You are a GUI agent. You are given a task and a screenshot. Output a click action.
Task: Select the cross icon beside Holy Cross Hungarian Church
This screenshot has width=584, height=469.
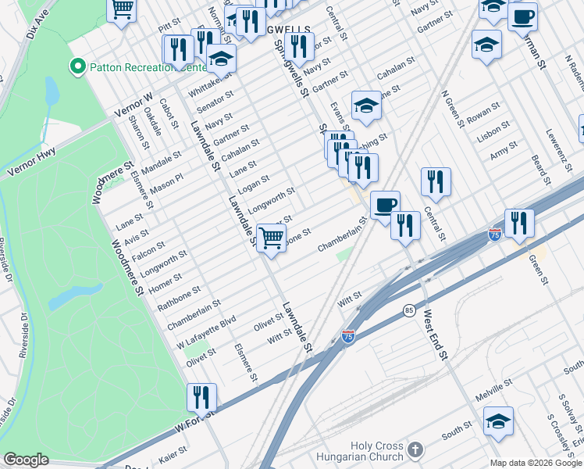(415, 450)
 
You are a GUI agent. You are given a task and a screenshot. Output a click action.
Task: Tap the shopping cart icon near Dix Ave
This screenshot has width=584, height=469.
(123, 10)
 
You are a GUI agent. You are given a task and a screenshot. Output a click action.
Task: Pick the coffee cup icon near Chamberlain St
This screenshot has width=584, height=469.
(385, 205)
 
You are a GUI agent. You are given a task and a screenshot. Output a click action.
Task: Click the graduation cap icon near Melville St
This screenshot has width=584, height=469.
(498, 421)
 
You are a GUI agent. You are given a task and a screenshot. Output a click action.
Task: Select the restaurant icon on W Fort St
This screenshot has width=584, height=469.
(201, 397)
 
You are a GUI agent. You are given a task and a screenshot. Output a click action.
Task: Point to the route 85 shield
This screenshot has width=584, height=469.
(409, 311)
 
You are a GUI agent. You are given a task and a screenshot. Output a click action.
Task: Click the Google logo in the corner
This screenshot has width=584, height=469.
(26, 460)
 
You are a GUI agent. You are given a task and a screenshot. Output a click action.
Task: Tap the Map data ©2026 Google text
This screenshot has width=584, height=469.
(536, 463)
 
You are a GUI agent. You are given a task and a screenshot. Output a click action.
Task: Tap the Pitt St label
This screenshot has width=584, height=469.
(169, 27)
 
